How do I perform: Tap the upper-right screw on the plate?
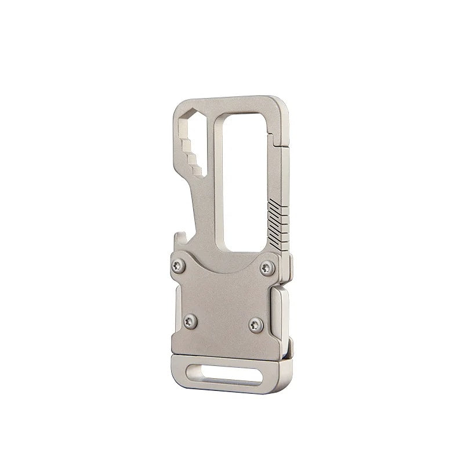coord(267,267)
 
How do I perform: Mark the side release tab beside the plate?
coord(279,316)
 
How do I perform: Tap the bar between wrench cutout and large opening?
coord(209,174)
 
